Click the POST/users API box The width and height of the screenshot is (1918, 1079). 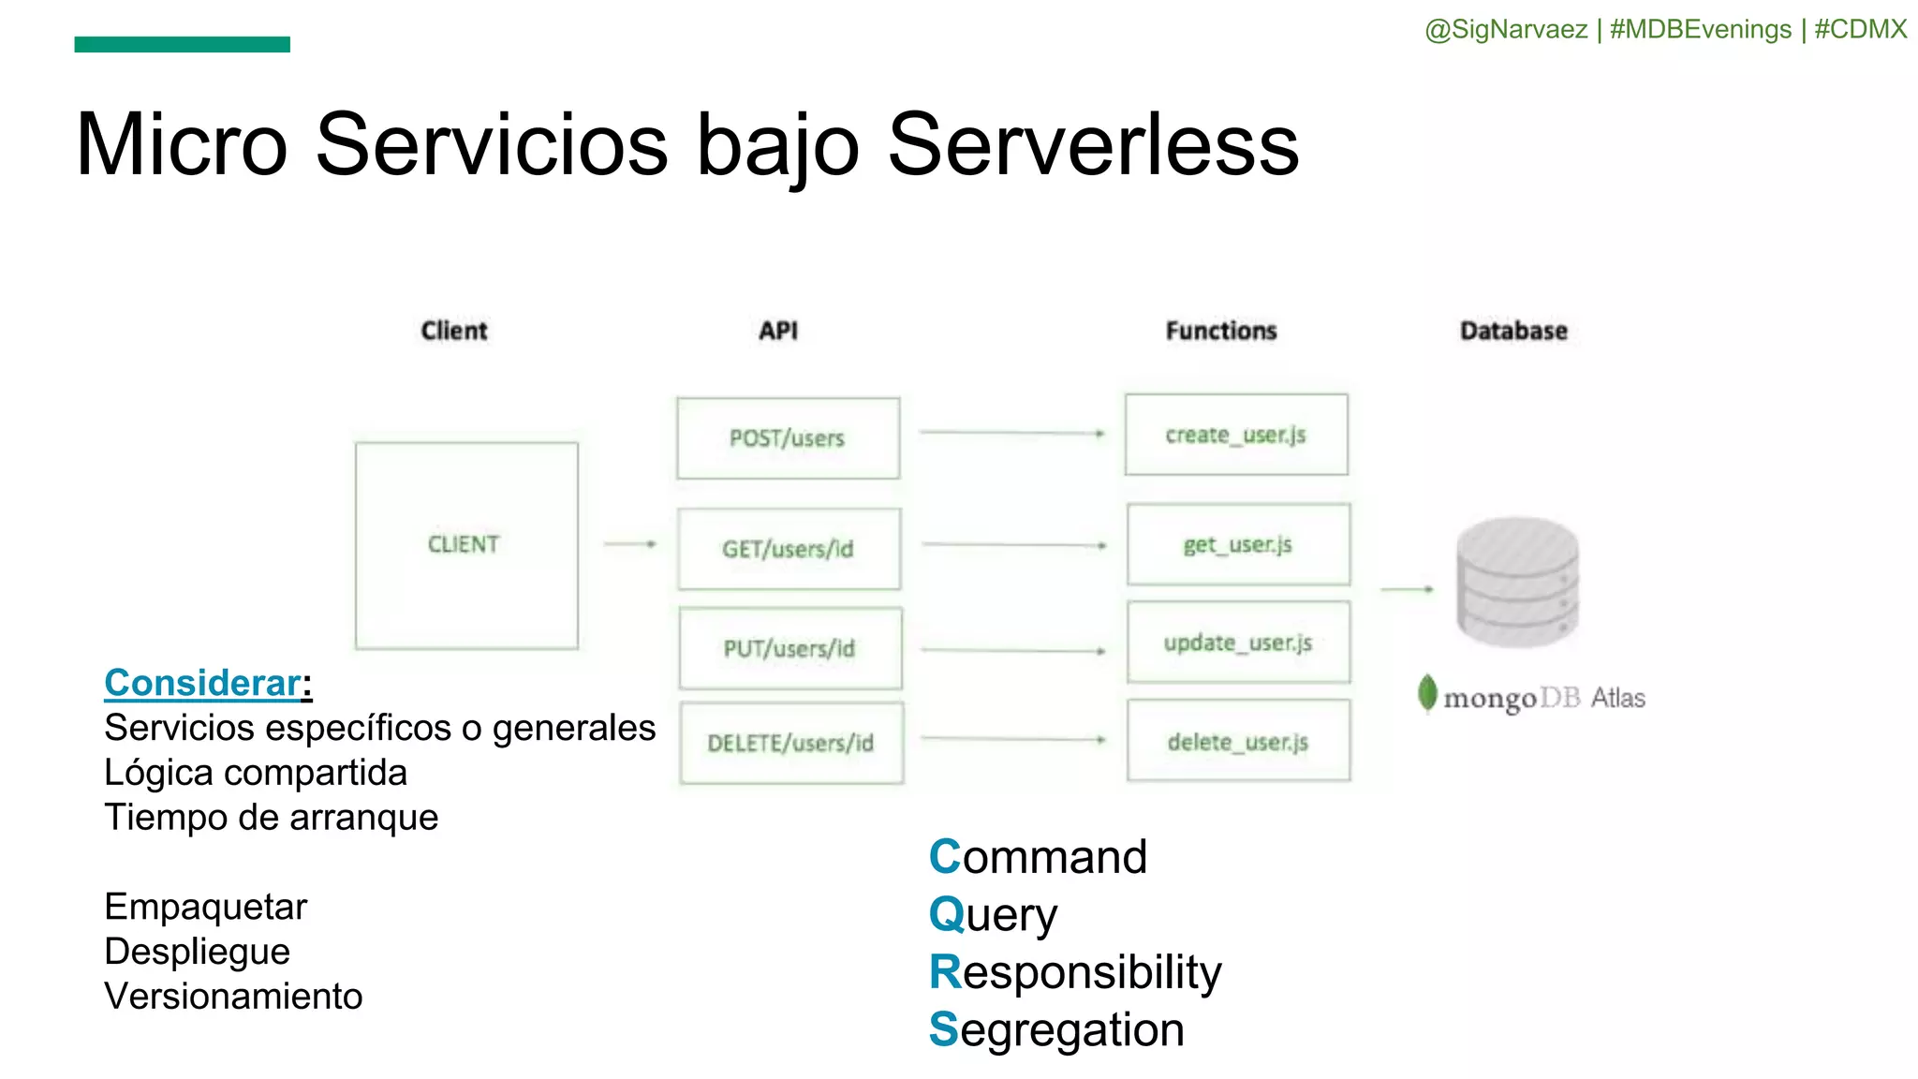[x=788, y=438]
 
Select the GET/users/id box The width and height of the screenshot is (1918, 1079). [x=789, y=549]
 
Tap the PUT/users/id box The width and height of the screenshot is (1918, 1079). [x=789, y=648]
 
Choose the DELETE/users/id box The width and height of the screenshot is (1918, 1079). [x=791, y=743]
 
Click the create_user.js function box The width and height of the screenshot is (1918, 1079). [x=1236, y=435]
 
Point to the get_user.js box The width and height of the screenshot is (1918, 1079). [x=1238, y=544]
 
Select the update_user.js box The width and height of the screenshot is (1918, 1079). [x=1238, y=643]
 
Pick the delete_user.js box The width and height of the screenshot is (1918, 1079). [x=1238, y=742]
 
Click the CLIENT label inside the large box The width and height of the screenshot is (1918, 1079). [x=464, y=544]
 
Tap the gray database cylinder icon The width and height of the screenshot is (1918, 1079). [x=1517, y=583]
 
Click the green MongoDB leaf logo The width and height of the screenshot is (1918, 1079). [x=1427, y=694]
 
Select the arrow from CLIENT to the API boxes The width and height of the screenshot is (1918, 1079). [x=629, y=543]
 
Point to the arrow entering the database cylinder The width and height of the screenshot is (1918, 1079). [x=1407, y=589]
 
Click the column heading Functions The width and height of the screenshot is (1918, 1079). [x=1221, y=331]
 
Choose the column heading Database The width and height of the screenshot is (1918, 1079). [x=1513, y=331]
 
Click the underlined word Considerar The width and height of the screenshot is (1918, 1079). [x=202, y=683]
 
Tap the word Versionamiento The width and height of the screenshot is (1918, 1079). [x=233, y=996]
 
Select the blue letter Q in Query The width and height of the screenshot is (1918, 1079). [x=946, y=914]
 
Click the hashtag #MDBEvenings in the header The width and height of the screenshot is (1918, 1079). [x=1700, y=29]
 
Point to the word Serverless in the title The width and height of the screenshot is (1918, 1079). [x=1093, y=145]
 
